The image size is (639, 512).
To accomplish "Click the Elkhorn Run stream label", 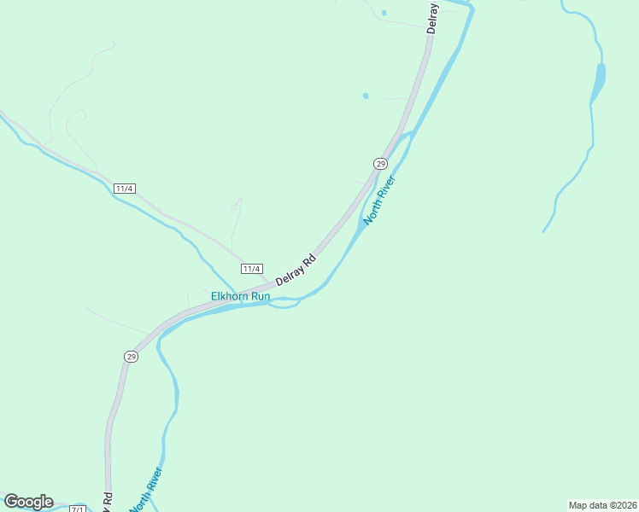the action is (x=241, y=297).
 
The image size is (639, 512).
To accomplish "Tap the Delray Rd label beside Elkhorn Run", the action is (x=296, y=270).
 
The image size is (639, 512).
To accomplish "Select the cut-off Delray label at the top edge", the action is (x=433, y=16).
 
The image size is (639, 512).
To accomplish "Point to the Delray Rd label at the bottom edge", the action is (x=108, y=501).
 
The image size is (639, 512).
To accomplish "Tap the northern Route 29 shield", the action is (x=380, y=163).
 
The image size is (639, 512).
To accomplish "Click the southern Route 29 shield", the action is (x=131, y=357).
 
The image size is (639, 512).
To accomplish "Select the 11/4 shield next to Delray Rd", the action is (x=251, y=269).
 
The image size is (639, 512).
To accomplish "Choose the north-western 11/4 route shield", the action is (x=125, y=188).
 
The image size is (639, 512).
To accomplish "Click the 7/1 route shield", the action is (x=78, y=509).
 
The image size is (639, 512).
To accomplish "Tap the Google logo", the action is (x=28, y=502).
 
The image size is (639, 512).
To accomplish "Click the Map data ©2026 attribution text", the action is (x=601, y=505).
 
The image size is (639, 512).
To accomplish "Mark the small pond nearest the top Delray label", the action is (x=384, y=13).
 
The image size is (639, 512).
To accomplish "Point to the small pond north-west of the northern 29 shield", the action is (x=366, y=96).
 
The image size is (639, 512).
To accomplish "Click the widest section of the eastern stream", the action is (x=601, y=77).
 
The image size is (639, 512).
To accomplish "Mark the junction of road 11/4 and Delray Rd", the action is (x=267, y=282).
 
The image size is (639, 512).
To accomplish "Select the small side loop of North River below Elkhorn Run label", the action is (x=285, y=305).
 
